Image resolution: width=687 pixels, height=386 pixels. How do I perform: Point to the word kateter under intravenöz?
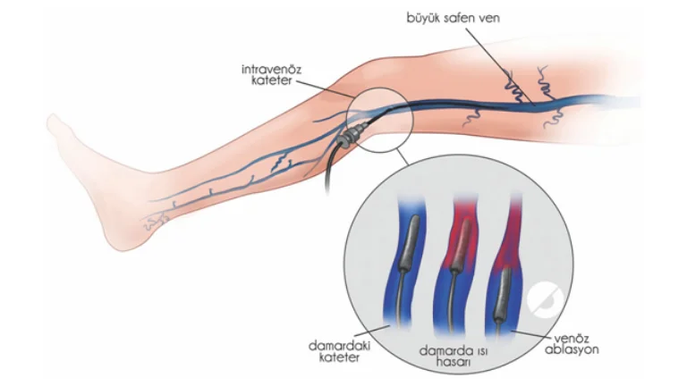(x=270, y=81)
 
